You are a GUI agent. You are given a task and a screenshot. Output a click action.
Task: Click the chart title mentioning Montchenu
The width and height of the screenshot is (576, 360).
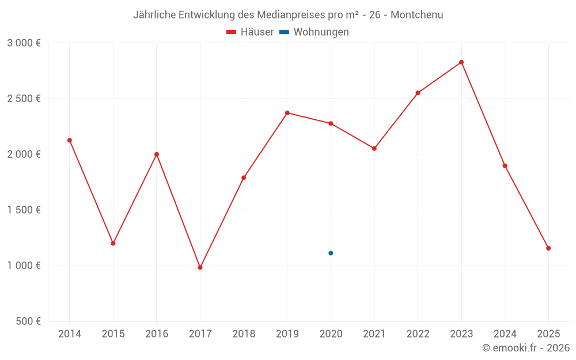click(288, 15)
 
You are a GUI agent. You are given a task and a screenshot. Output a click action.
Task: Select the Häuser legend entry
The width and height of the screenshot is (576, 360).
click(250, 32)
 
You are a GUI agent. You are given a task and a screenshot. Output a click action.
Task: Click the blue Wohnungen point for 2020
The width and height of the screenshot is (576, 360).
click(331, 253)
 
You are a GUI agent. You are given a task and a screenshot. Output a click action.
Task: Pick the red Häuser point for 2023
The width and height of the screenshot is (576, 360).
click(461, 62)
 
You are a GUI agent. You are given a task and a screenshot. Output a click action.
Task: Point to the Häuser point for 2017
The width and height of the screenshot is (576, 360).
click(200, 267)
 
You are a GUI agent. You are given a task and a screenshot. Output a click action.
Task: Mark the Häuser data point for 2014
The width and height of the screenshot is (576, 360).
click(70, 140)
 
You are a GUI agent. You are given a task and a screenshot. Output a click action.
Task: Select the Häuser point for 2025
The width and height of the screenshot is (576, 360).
click(548, 248)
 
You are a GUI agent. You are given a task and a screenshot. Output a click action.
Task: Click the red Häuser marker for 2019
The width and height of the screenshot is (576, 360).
click(287, 113)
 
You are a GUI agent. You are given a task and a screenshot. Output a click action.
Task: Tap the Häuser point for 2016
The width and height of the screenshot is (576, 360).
click(157, 154)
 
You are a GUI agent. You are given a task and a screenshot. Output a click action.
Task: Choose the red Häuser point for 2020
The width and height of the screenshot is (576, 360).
click(331, 123)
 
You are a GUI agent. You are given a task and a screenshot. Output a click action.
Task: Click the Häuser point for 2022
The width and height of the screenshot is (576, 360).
click(418, 93)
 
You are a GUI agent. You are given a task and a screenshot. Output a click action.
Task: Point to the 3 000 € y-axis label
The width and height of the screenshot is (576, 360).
click(24, 43)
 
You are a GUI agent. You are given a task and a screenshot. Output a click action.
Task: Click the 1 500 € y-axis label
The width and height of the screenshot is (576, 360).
click(24, 210)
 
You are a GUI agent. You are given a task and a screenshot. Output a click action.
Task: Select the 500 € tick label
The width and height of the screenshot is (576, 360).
click(28, 321)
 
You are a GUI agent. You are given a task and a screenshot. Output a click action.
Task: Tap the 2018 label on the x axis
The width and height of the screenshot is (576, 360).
click(244, 334)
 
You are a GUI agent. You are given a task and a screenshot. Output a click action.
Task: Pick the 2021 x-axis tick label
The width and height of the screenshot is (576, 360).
click(374, 334)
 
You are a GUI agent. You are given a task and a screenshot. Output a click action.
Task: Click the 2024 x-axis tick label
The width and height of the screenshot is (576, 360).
click(505, 334)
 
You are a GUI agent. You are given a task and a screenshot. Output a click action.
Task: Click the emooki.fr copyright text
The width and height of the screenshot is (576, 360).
click(526, 348)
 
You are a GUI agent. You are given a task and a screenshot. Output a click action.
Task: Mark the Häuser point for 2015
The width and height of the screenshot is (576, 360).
click(113, 243)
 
